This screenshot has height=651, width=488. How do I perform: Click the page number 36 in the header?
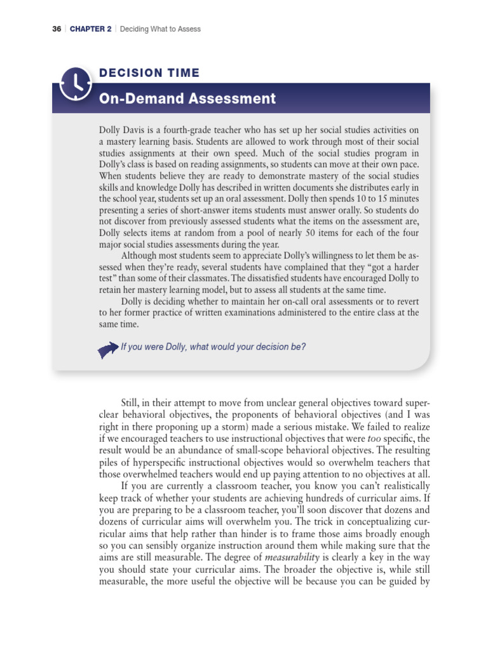click(x=55, y=29)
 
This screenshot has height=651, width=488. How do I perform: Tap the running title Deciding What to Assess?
click(x=160, y=29)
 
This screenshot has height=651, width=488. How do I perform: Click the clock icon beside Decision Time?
click(x=76, y=83)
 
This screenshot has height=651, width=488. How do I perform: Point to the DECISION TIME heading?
click(x=149, y=73)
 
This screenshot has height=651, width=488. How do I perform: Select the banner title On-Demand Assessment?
click(x=187, y=99)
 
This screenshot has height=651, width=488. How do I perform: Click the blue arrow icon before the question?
click(x=108, y=348)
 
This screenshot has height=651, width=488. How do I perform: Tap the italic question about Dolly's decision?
click(x=213, y=347)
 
